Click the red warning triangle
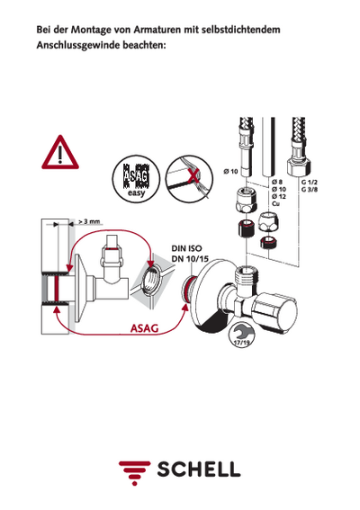[60, 153]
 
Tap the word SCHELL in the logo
[199, 470]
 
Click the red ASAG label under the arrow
[144, 328]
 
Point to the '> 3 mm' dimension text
[89, 221]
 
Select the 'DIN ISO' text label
[187, 248]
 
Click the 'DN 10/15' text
[190, 259]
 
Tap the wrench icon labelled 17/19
[242, 335]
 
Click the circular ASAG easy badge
[137, 179]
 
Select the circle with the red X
[189, 178]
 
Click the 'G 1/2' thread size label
[309, 183]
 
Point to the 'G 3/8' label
[309, 190]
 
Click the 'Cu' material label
[275, 204]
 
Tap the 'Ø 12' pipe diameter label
[279, 196]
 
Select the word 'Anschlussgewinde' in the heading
[77, 45]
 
